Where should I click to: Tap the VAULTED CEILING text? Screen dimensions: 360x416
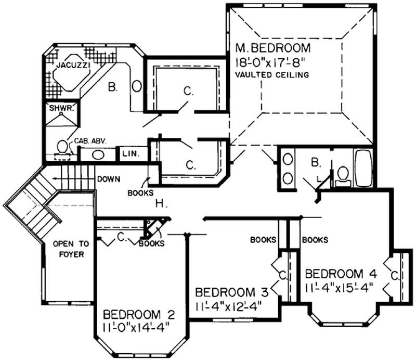pos(271,75)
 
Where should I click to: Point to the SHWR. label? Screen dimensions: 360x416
pos(56,109)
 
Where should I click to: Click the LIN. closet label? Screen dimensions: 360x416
pos(128,154)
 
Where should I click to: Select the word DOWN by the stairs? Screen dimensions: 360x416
pos(108,179)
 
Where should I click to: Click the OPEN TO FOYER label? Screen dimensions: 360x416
pos(70,249)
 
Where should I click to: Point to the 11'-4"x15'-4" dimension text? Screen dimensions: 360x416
pos(339,288)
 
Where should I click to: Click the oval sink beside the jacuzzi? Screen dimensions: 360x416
pos(137,85)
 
